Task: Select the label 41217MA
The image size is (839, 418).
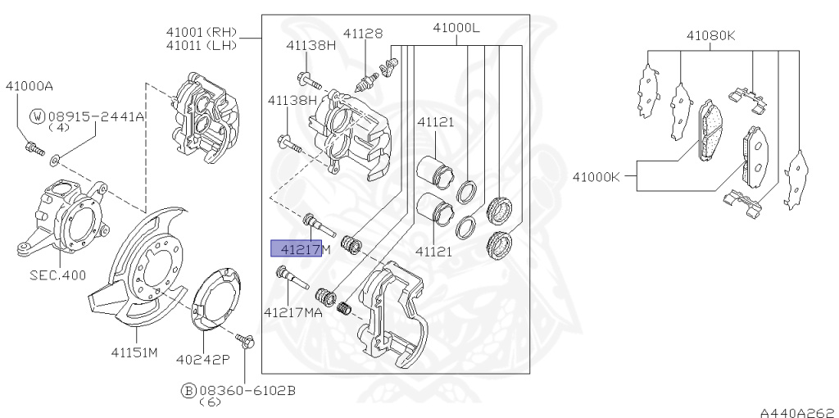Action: click(293, 311)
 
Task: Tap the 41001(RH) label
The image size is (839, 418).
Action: click(201, 32)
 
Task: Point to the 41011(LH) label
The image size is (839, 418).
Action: click(201, 45)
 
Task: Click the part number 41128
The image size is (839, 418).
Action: click(362, 34)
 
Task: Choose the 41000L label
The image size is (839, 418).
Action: click(456, 27)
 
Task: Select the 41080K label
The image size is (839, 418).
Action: click(710, 35)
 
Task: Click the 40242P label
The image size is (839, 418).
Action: click(203, 359)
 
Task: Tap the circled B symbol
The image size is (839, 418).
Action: click(188, 391)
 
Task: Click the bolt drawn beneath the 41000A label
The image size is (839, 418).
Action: click(32, 148)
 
